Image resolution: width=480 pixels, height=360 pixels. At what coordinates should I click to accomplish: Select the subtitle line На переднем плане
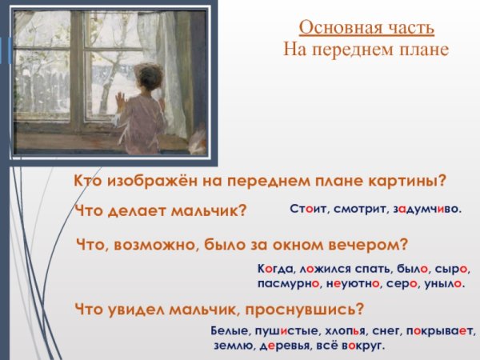click(366, 50)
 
